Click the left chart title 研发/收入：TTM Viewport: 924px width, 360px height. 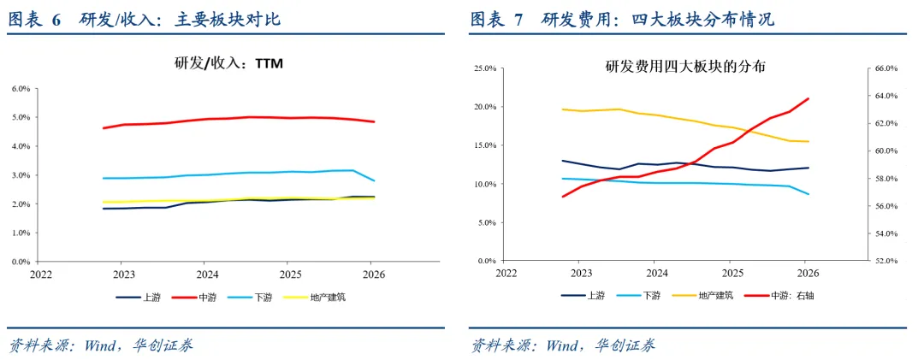tap(228, 62)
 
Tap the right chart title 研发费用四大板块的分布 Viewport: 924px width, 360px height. tap(684, 67)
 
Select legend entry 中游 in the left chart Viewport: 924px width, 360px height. tap(194, 298)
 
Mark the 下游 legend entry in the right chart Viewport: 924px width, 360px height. tap(637, 296)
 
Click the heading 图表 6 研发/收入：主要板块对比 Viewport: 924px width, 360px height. tap(144, 20)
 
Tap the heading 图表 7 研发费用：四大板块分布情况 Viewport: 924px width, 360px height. tap(622, 20)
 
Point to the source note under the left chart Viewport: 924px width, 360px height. tap(99, 345)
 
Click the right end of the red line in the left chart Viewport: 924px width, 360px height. tap(374, 122)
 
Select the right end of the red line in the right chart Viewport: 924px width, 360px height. tap(809, 98)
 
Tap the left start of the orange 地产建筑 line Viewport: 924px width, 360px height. tap(562, 109)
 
